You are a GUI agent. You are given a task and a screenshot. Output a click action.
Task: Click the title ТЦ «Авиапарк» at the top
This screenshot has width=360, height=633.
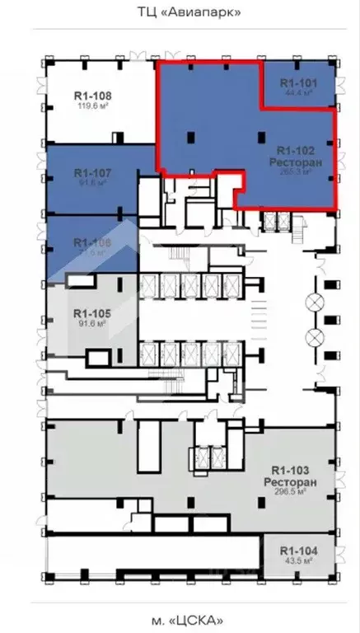click(179, 12)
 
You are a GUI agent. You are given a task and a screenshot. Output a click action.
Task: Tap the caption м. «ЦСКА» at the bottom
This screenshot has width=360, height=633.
click(180, 620)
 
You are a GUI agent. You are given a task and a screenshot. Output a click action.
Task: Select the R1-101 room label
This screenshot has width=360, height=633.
click(298, 83)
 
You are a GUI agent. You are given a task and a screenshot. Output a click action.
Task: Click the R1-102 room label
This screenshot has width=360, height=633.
click(294, 151)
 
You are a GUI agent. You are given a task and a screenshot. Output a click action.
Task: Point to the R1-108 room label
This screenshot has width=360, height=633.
click(94, 96)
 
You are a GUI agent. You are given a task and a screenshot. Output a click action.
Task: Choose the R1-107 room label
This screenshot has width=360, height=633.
click(92, 173)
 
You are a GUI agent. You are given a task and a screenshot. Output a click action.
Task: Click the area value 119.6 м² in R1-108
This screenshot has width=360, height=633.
click(93, 106)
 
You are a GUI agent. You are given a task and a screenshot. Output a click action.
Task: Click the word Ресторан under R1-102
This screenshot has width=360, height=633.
click(294, 162)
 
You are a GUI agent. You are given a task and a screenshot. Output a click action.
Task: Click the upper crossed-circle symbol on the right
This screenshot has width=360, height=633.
click(314, 302)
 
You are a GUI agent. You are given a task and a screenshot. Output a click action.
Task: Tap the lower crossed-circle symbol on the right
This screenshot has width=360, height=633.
click(314, 336)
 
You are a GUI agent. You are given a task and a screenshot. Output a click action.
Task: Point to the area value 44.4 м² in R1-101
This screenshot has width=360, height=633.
click(298, 93)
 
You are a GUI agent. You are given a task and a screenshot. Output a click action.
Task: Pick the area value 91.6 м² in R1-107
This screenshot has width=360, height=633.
click(92, 183)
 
